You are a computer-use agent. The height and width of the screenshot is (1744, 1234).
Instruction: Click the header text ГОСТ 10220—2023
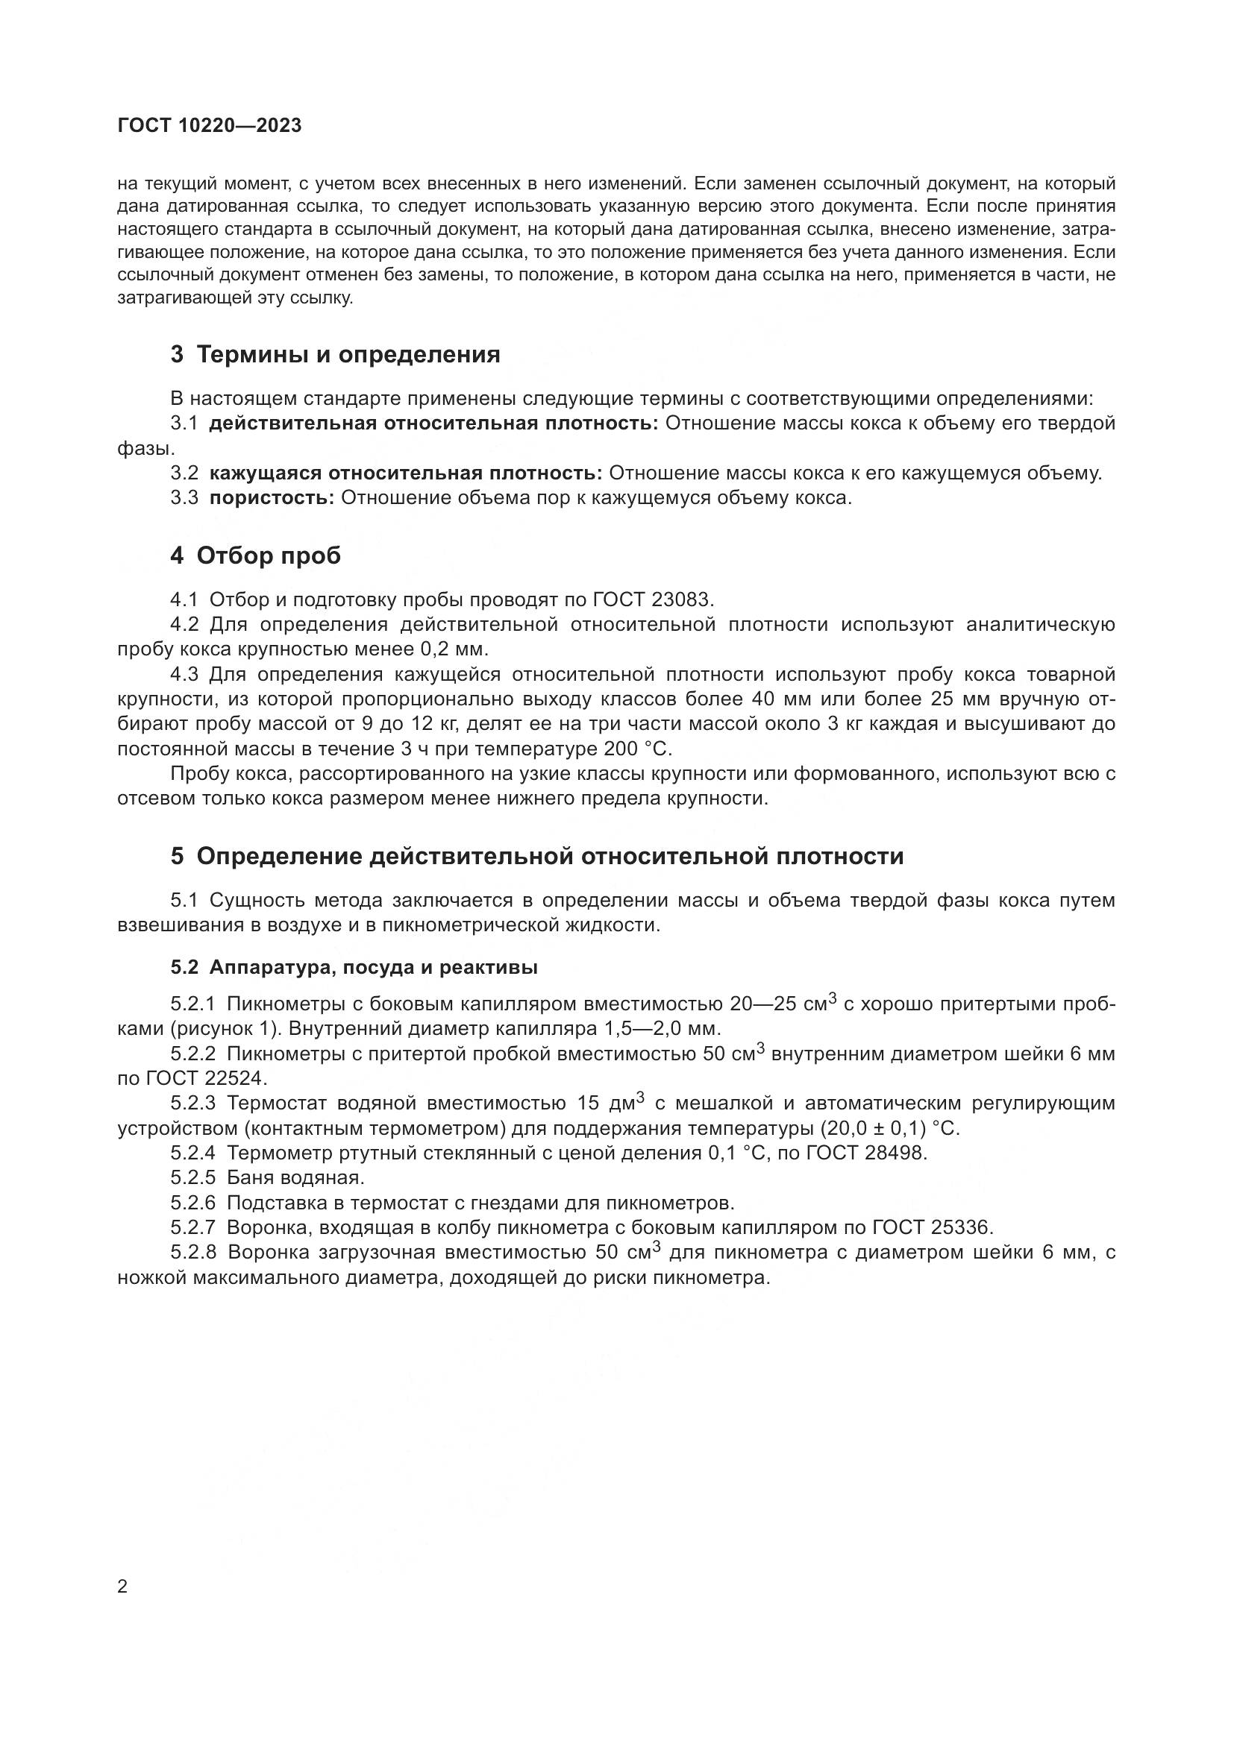pos(210,126)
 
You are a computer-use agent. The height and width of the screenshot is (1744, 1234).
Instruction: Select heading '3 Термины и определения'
pos(335,355)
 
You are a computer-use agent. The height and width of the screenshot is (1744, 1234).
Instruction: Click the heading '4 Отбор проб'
pos(255,556)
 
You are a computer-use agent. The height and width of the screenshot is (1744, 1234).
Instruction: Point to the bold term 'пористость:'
pos(272,498)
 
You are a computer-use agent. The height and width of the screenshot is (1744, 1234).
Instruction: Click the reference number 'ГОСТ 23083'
pos(653,600)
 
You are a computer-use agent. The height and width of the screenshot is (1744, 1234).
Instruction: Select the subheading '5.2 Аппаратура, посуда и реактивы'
pos(354,968)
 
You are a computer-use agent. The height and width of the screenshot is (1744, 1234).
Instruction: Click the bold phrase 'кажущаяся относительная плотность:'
pos(405,473)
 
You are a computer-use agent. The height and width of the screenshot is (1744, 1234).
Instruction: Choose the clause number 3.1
pos(184,424)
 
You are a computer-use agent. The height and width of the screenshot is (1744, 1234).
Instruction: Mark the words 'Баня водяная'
pos(295,1178)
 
